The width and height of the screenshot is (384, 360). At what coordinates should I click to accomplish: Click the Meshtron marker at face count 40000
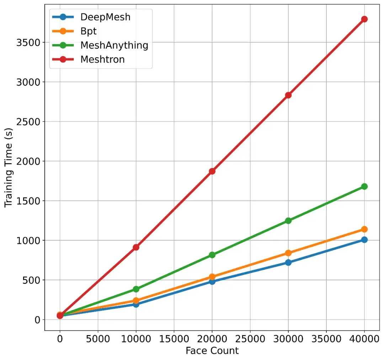[x=364, y=19]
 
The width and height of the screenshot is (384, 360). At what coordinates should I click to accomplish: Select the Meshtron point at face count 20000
[x=212, y=171]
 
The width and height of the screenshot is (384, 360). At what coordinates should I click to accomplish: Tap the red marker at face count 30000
[x=288, y=95]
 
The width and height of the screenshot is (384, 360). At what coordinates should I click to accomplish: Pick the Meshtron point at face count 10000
[x=136, y=247]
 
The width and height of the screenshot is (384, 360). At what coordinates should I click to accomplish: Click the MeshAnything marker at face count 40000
[x=364, y=186]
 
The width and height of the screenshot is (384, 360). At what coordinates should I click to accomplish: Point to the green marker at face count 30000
[x=288, y=220]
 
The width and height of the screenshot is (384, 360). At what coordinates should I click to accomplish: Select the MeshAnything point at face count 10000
[x=136, y=289]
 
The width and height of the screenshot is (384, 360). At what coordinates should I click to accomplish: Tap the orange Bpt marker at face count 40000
[x=364, y=229]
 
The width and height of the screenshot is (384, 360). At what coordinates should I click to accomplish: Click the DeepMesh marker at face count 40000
[x=364, y=240]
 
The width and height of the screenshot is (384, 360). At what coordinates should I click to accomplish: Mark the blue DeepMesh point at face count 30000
[x=288, y=262]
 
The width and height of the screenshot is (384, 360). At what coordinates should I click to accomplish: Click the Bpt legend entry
[x=89, y=31]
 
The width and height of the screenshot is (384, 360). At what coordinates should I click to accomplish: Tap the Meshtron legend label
[x=102, y=59]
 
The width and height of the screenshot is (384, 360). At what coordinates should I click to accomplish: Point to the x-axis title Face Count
[x=212, y=350]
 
